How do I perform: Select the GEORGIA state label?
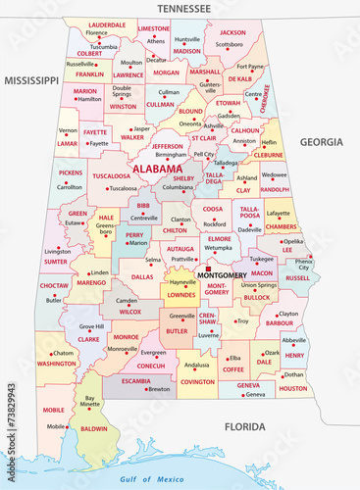point(322,142)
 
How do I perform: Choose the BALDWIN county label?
point(94,428)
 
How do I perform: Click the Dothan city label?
point(293,374)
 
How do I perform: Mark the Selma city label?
point(153,260)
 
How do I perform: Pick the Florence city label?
point(97,32)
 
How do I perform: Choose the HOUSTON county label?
point(292,389)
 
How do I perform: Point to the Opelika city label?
point(293,240)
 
